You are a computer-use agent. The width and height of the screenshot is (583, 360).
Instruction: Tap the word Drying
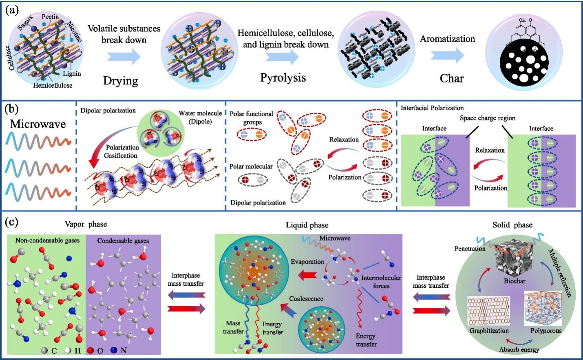(x=120, y=80)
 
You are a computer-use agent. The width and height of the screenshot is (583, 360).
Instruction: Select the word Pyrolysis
(x=283, y=78)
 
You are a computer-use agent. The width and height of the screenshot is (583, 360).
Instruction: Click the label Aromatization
(x=448, y=39)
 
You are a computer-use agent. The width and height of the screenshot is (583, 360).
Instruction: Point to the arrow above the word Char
(x=447, y=56)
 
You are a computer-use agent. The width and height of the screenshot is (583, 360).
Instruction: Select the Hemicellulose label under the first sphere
(x=53, y=85)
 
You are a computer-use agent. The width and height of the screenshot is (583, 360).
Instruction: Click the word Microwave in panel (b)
(x=38, y=124)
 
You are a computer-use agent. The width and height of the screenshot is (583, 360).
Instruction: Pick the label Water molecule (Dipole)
(x=200, y=117)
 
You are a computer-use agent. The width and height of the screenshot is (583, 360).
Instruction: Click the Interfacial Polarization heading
(x=432, y=108)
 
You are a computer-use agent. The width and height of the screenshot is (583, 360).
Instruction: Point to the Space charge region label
(x=488, y=118)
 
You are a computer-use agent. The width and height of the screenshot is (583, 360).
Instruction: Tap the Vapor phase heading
(x=86, y=224)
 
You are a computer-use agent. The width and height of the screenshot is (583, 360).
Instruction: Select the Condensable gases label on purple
(x=123, y=240)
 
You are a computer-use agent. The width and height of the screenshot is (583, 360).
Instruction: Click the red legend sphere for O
(x=90, y=350)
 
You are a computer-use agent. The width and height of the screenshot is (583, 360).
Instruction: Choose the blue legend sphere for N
(x=114, y=350)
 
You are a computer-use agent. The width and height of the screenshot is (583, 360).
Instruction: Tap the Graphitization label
(x=489, y=331)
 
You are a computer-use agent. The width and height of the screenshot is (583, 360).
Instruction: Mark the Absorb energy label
(x=519, y=349)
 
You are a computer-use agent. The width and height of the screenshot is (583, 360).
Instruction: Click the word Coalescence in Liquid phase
(x=306, y=298)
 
